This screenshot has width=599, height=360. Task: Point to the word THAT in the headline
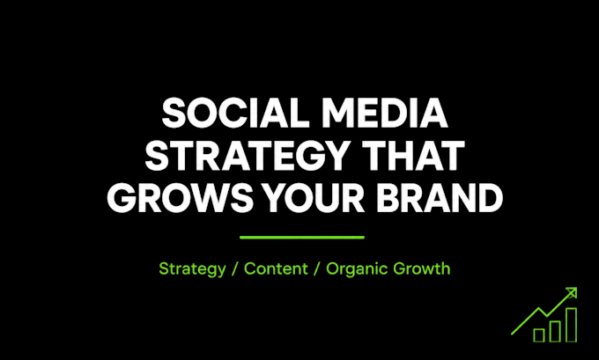(x=413, y=156)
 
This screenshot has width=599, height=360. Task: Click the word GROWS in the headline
(x=181, y=198)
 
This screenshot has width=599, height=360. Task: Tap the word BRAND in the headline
(x=440, y=198)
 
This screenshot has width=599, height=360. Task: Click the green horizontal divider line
(x=302, y=238)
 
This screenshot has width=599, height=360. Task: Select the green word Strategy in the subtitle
(x=192, y=269)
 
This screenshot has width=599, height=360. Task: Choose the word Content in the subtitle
(x=276, y=268)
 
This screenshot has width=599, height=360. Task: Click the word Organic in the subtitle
(x=357, y=269)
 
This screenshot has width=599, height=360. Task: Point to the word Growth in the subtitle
(x=422, y=268)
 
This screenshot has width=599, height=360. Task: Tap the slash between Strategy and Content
(x=235, y=268)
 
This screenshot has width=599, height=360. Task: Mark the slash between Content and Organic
(x=317, y=268)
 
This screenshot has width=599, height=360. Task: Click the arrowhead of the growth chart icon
(x=572, y=293)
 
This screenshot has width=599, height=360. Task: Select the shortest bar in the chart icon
(x=539, y=334)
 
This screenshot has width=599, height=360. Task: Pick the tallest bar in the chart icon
(x=572, y=325)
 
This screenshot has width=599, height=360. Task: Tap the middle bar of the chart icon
(x=555, y=331)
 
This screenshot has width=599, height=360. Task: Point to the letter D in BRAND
(x=489, y=198)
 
